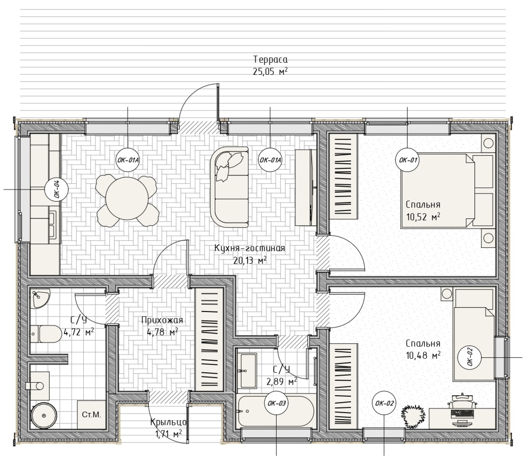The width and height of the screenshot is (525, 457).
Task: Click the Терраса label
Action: [270, 59]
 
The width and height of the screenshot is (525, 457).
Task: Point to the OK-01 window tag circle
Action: [407, 160]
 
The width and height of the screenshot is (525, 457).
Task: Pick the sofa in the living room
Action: [230, 187]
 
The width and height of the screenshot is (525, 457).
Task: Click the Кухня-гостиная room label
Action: [250, 248]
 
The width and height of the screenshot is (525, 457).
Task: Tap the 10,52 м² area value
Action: [423, 217]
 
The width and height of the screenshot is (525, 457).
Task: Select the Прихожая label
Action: [162, 320]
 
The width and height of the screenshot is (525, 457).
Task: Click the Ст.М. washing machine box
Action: [92, 415]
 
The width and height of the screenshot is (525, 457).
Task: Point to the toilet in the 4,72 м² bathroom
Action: [46, 334]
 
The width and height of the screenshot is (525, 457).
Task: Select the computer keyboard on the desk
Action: [462, 413]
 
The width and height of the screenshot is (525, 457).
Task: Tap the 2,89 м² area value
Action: [282, 382]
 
